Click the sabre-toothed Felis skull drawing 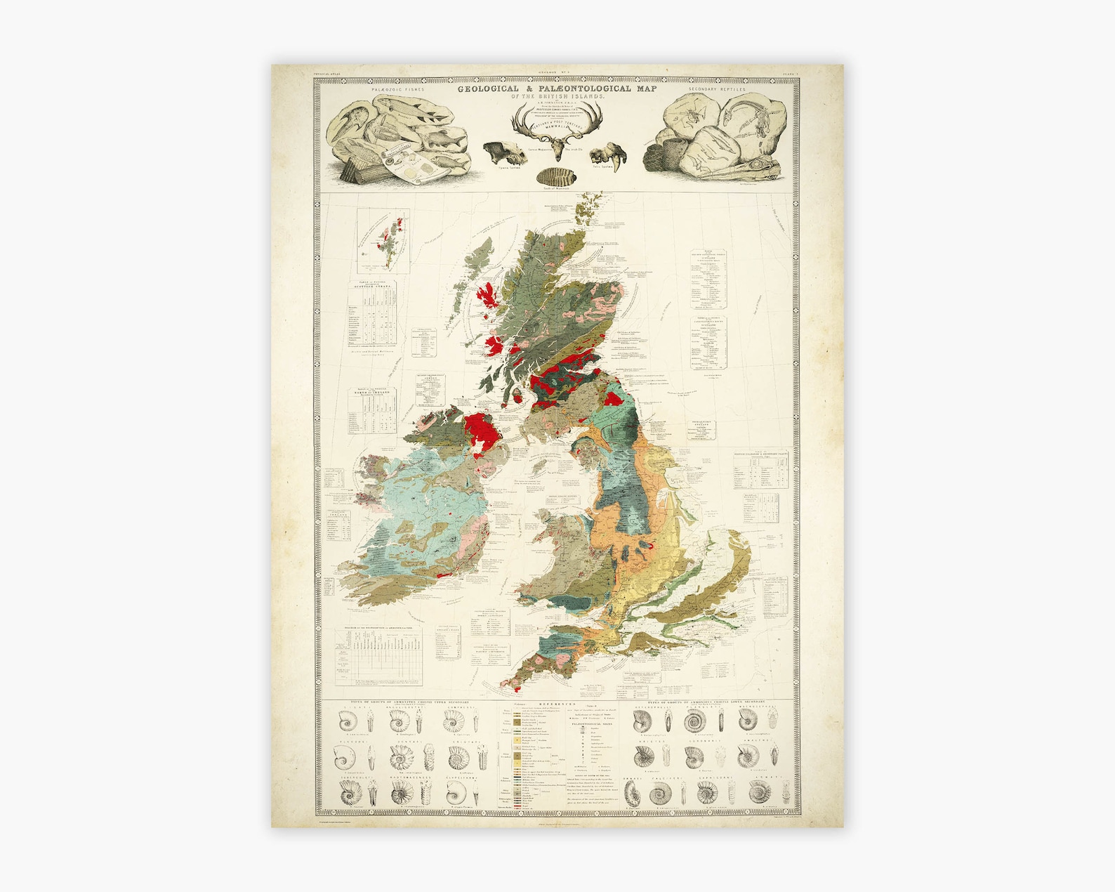[606, 154]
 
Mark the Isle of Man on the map [539, 463]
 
